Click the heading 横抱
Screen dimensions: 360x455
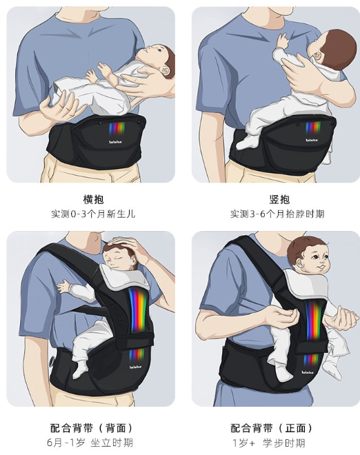point(93,199)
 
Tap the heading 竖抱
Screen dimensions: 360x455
point(279,199)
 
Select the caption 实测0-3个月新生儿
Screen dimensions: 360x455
point(93,214)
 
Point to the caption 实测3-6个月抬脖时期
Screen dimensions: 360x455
point(277,214)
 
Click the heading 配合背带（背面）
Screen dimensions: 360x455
point(92,428)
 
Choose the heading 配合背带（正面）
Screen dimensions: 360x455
point(272,428)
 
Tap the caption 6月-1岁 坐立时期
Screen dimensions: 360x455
point(90,443)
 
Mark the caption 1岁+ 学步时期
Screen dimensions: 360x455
point(269,443)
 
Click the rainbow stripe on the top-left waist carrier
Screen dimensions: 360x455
point(117,129)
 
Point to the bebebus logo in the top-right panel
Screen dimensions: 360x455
point(312,140)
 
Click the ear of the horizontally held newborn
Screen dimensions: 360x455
point(166,71)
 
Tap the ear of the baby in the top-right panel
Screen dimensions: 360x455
point(315,54)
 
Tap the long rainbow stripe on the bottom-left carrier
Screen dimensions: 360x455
point(138,310)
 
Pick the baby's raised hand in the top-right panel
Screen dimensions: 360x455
point(283,41)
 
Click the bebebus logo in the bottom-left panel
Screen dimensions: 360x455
point(136,367)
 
